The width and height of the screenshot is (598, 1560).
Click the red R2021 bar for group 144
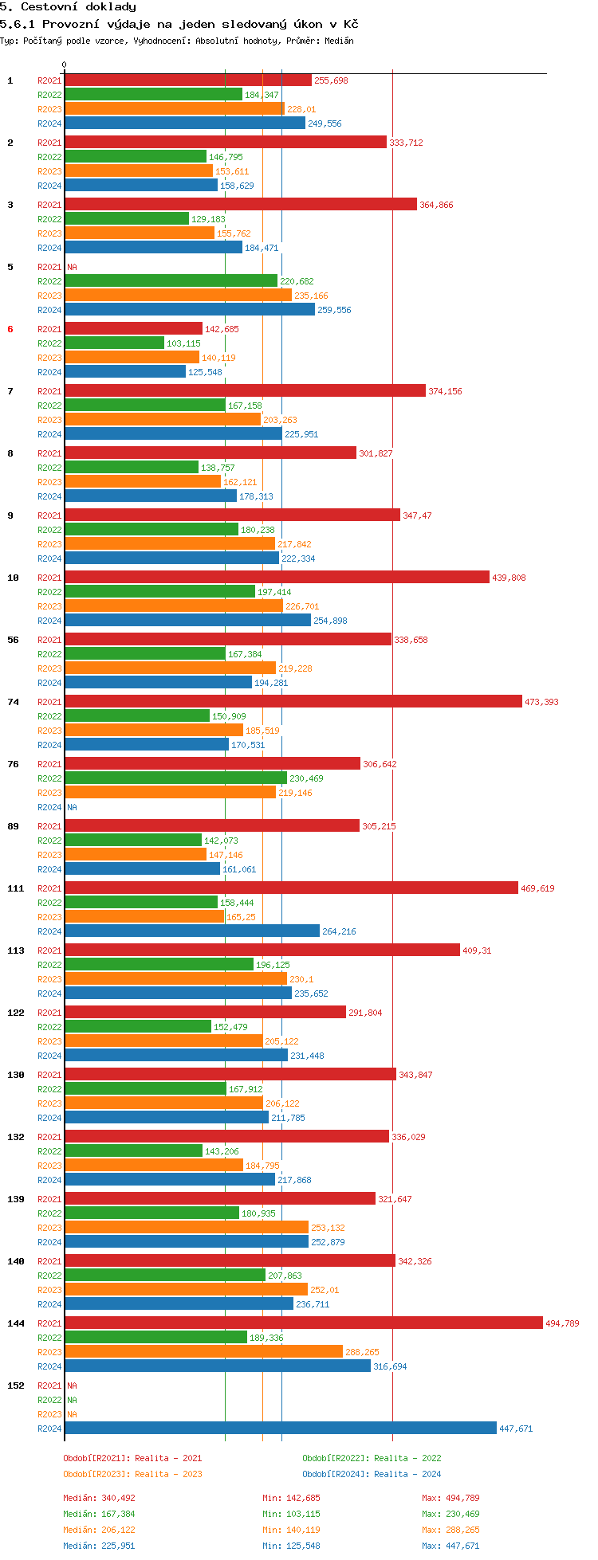click(x=303, y=1323)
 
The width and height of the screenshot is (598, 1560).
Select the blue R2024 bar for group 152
click(x=280, y=1429)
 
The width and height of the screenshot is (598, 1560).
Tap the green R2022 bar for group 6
click(x=114, y=343)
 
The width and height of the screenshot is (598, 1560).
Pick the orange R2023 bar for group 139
click(x=186, y=1228)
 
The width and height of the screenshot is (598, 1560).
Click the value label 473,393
click(x=541, y=702)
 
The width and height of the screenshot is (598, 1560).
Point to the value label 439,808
click(x=509, y=578)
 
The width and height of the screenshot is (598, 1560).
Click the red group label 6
click(x=10, y=329)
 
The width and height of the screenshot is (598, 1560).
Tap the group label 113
click(x=16, y=951)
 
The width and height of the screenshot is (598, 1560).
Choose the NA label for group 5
click(x=72, y=267)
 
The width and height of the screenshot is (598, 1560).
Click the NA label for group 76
click(x=72, y=807)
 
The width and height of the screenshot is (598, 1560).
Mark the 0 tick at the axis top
click(x=65, y=65)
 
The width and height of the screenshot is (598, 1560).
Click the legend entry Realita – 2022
click(x=372, y=1458)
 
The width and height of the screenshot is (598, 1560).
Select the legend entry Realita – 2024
click(x=372, y=1474)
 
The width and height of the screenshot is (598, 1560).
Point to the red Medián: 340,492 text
click(x=100, y=1498)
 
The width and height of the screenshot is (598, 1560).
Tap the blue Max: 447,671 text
click(x=450, y=1546)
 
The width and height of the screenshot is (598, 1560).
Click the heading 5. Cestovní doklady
click(x=68, y=7)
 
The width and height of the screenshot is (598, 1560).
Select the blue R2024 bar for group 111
click(x=191, y=931)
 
